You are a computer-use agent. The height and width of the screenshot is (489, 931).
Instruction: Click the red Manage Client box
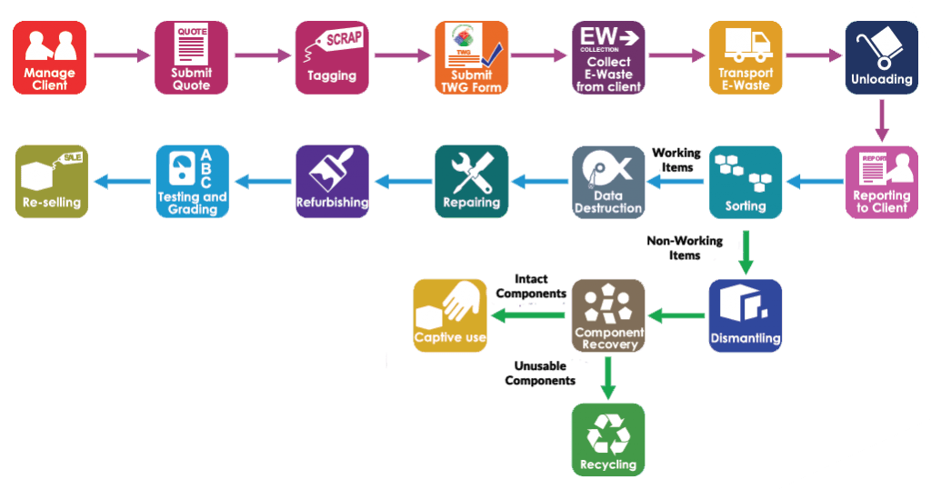point(50,57)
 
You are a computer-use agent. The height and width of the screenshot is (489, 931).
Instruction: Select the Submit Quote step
point(191,57)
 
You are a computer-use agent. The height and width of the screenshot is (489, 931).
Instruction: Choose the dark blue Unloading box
point(882,57)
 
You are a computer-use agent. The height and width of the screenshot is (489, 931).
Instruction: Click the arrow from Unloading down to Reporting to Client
point(882,121)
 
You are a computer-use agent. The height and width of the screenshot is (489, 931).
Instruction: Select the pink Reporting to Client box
point(882,182)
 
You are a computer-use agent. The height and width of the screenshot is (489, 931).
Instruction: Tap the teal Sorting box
point(746,182)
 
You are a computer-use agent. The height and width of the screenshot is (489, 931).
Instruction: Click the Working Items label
point(676,160)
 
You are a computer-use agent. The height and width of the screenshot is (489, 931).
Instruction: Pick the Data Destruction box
point(608,182)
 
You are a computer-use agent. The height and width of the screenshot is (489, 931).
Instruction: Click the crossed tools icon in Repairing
point(473,173)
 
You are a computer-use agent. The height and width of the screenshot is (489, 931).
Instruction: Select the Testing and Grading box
point(193,182)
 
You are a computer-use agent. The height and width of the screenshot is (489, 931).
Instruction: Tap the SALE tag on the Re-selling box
point(71,158)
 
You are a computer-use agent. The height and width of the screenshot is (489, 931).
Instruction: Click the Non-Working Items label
point(685,248)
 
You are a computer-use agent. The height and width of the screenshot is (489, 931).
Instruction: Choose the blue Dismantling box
point(746,315)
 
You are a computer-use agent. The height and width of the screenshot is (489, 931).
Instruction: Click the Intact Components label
point(531,286)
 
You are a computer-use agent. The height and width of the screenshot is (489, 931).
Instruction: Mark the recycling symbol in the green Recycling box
point(608,434)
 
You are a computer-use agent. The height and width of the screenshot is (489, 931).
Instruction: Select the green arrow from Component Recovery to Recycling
point(607,377)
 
